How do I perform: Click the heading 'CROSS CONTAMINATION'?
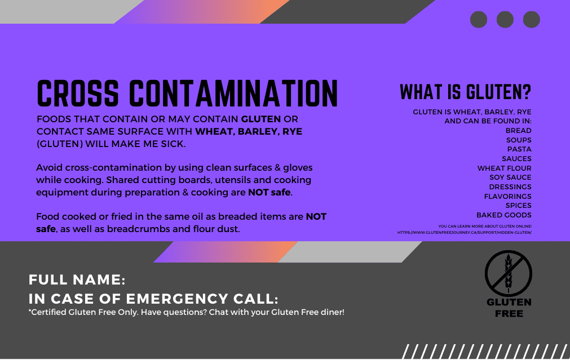pos(187,94)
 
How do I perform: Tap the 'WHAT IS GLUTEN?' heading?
pos(465,92)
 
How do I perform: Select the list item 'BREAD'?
pos(518,130)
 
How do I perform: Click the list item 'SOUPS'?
pos(519,140)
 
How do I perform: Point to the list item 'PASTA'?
pos(519,149)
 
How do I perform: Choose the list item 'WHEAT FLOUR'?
pos(504,168)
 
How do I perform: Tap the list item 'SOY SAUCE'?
pos(510,177)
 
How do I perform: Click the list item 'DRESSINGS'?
pos(510,186)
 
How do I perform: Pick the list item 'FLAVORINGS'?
pos(507,196)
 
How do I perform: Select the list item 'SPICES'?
pos(518,205)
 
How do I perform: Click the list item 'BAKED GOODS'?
pos(504,215)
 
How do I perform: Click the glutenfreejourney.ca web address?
pos(464,233)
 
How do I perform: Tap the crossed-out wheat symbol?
pos(509,274)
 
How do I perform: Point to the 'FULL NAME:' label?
pos(77,279)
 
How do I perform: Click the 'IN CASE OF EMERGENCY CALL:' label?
pos(153,299)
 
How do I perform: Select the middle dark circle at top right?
pos(505,20)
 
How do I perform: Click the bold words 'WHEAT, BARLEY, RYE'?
pos(249,131)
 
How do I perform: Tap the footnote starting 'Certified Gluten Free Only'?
pos(187,313)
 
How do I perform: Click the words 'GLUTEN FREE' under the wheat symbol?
pos(509,308)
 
